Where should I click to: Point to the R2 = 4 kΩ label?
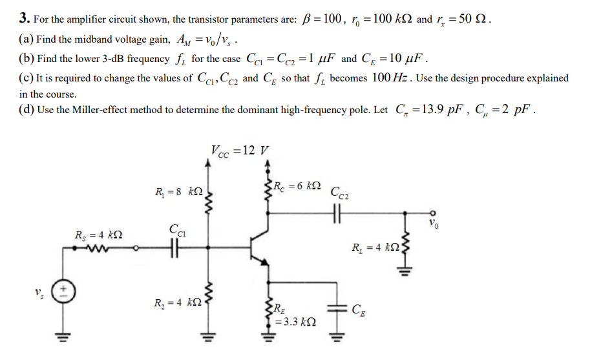[x=179, y=302]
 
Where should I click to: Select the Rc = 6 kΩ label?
[x=299, y=186]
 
